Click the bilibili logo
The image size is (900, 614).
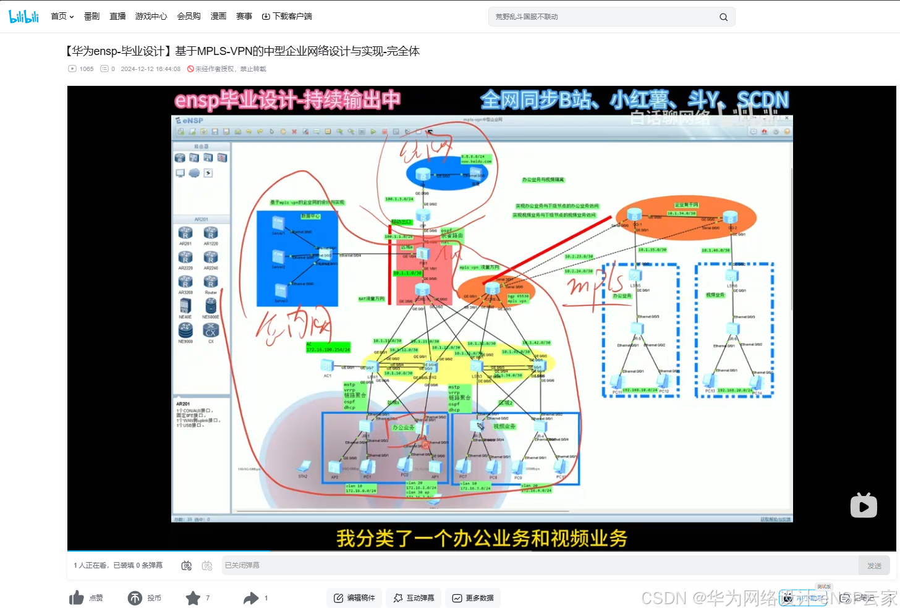24,17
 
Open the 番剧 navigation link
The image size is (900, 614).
91,17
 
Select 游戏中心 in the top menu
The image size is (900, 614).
151,17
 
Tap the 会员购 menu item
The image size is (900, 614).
189,17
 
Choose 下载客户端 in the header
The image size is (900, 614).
287,17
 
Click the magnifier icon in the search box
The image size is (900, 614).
723,17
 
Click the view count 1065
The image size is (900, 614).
86,69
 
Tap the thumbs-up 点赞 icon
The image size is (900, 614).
77,598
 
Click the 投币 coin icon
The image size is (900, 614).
135,598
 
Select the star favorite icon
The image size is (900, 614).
193,598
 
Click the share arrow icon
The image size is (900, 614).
251,598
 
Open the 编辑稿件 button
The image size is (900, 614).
354,598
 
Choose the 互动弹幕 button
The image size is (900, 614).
414,598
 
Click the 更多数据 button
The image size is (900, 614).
473,598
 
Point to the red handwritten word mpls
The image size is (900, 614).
595,283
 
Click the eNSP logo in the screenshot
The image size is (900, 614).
190,120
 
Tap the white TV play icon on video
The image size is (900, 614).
864,506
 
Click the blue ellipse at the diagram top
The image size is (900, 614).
446,173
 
